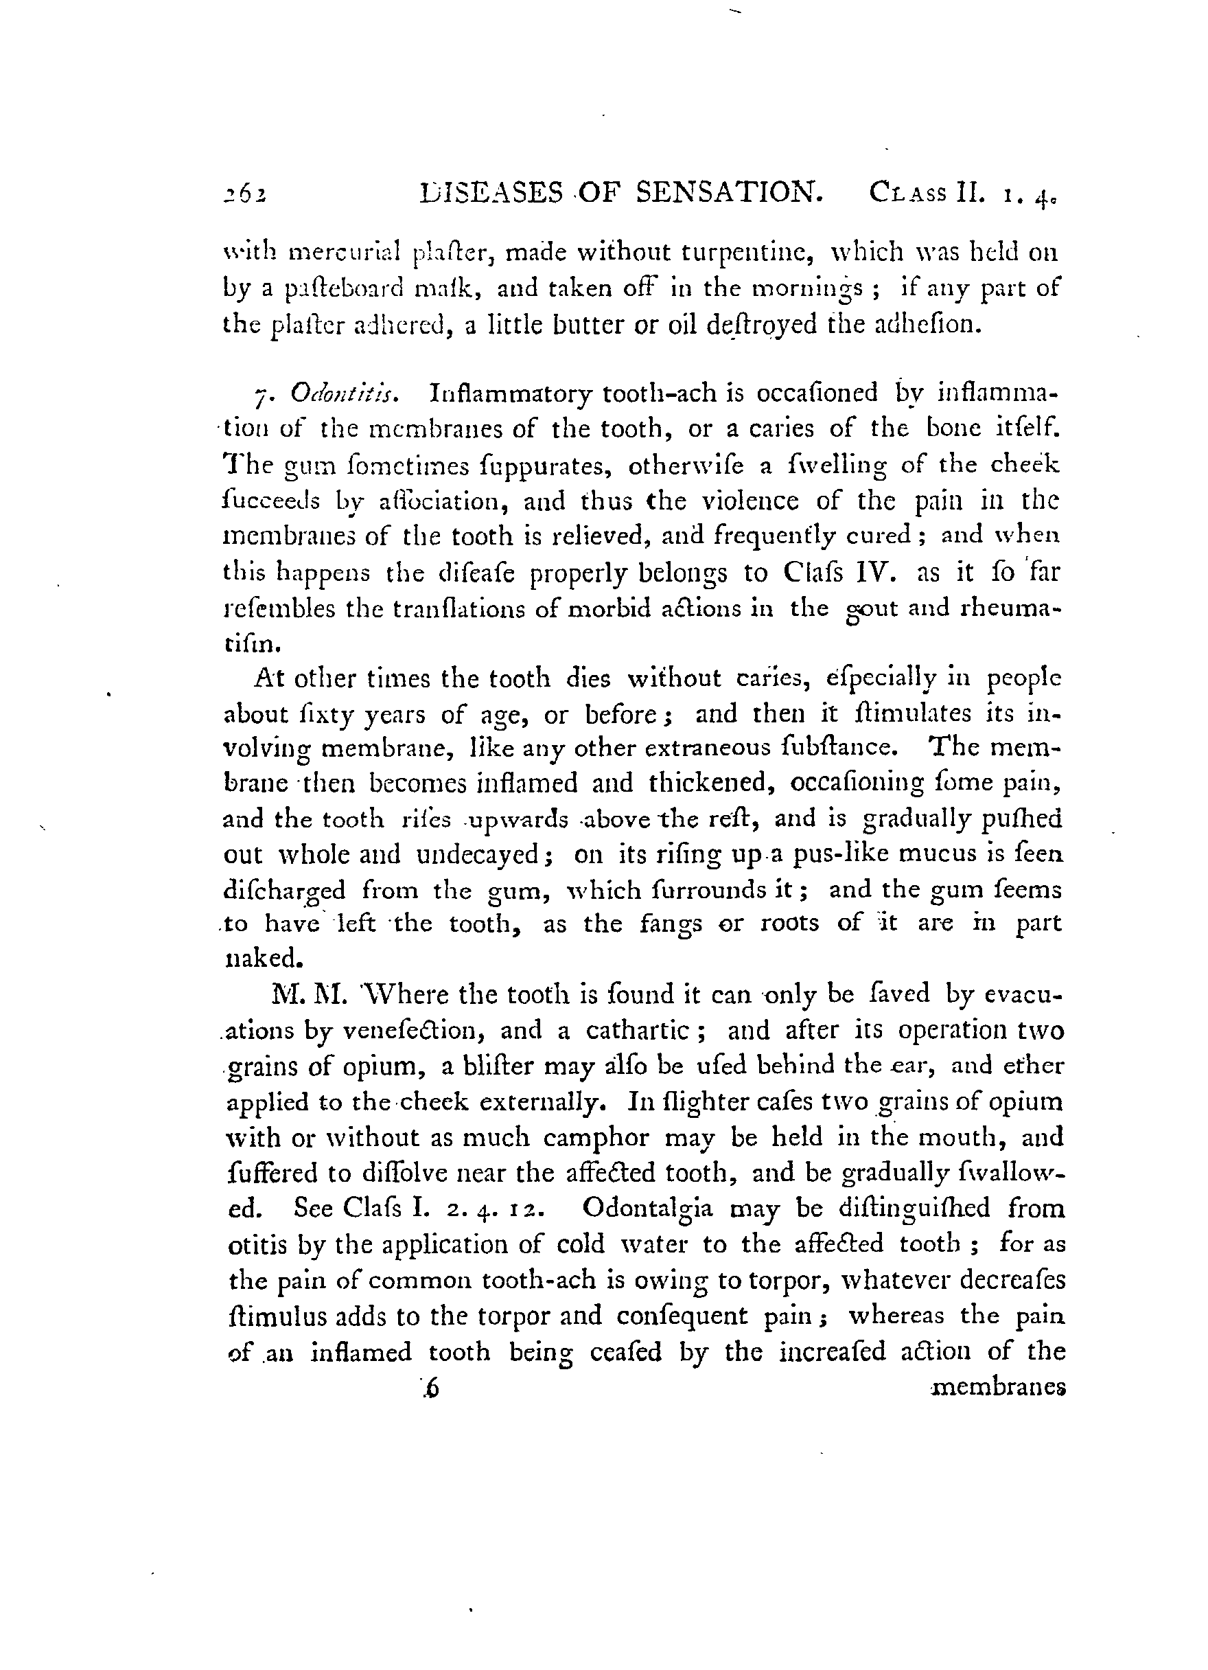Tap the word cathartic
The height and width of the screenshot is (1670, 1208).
point(647,1029)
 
